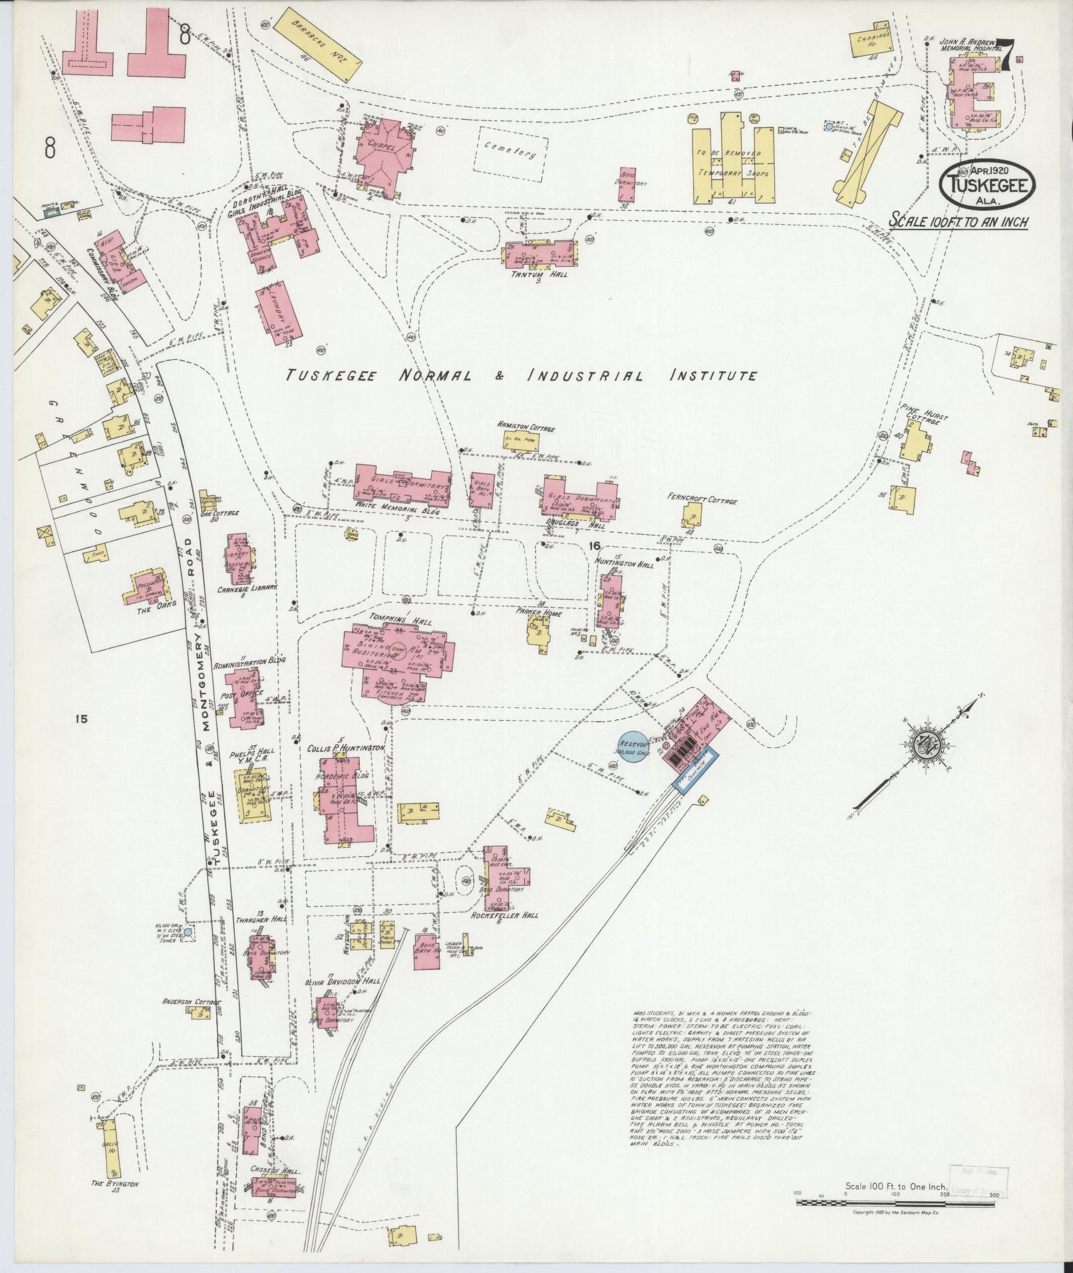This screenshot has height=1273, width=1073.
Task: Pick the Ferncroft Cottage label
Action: pyautogui.click(x=702, y=500)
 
